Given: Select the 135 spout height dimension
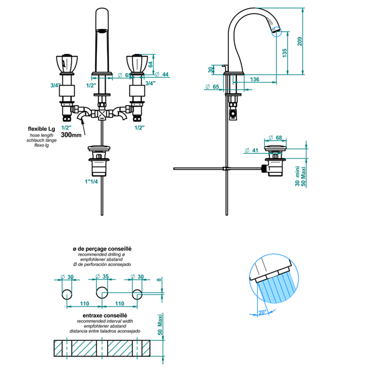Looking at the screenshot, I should click(x=285, y=52).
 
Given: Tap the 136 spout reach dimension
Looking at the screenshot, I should click(x=255, y=80).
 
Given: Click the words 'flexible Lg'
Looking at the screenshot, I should click(x=41, y=129).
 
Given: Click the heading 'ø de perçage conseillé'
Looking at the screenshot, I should click(x=102, y=249).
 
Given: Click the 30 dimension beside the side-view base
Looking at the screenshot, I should click(x=211, y=69).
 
